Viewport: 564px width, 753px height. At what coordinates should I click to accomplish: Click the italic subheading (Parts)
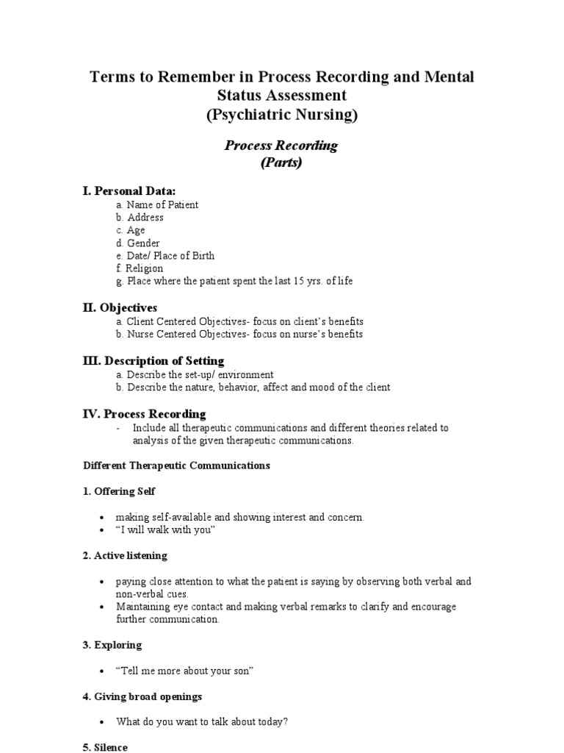pos(281,163)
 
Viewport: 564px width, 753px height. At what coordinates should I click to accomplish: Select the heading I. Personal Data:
pos(129,191)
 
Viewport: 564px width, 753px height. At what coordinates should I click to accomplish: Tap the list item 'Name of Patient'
pos(162,205)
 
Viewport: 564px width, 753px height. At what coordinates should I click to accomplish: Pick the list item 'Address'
pos(145,218)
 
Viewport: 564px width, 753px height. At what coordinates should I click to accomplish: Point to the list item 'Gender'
pos(143,243)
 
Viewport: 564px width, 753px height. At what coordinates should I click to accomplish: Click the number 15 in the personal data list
pos(295,281)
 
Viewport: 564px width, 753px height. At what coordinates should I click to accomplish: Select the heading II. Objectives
pos(120,307)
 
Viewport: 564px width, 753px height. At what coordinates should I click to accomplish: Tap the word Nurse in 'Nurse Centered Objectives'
pos(140,334)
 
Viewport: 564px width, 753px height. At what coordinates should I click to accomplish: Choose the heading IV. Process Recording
pos(144,414)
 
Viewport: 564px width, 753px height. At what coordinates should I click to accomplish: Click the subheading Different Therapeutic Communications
pos(176,465)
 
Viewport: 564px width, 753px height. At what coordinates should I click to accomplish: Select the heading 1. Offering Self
pos(119,491)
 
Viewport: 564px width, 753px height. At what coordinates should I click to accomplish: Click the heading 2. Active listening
pos(125,555)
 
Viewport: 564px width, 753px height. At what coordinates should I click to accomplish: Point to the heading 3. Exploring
pos(112,645)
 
